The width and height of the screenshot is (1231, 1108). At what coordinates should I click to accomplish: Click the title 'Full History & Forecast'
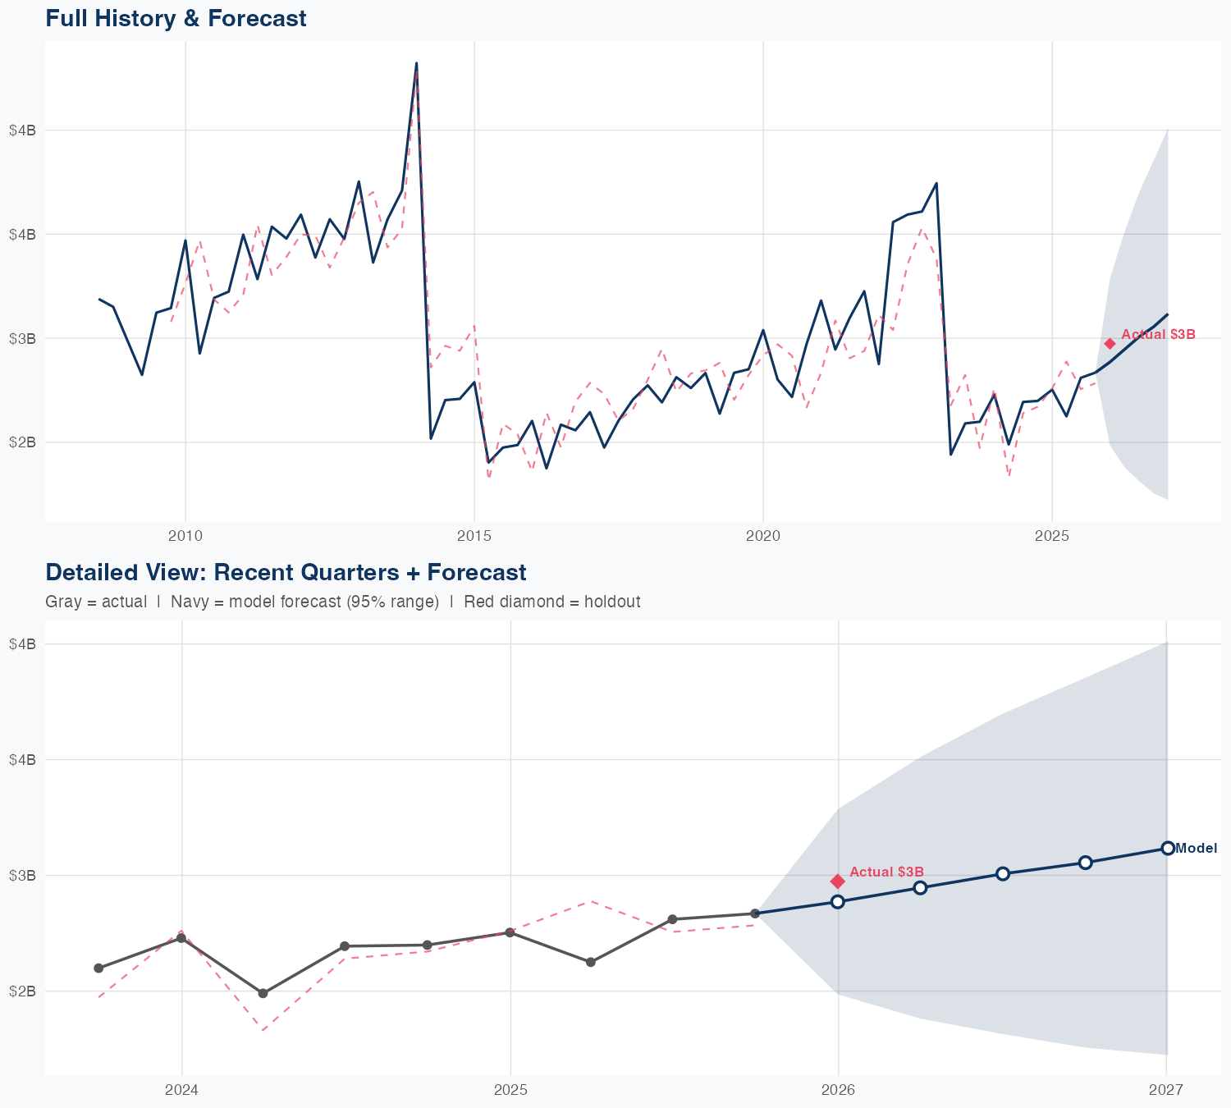pos(176,18)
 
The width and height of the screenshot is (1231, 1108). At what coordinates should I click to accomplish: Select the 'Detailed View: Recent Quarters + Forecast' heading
pos(286,572)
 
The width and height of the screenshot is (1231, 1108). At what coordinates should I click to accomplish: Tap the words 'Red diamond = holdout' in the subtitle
pos(551,602)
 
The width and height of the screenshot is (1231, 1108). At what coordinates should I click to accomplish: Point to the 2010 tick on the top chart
pos(185,537)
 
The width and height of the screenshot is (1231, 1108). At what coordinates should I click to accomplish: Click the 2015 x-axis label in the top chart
pos(474,537)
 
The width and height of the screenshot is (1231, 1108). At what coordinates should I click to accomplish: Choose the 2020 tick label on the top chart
pos(763,537)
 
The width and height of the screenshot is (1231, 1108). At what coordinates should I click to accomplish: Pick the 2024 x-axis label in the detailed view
pos(181,1090)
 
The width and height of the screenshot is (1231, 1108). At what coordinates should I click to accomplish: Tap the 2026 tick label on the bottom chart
pos(838,1090)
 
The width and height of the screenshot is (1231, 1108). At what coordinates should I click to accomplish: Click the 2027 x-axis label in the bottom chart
pos(1165,1090)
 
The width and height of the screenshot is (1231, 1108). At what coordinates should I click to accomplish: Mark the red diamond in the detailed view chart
pos(838,881)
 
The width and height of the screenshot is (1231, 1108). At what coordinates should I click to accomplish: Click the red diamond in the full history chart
pos(1110,344)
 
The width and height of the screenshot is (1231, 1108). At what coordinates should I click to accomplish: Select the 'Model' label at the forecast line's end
pos(1196,849)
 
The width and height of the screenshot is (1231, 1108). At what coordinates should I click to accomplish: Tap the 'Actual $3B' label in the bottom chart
pos(886,872)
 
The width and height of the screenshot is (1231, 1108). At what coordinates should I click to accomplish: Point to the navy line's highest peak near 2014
pos(416,63)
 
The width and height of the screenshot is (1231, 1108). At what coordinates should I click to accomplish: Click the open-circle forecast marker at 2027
pos(1167,849)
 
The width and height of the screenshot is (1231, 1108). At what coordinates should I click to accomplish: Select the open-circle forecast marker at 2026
pos(838,902)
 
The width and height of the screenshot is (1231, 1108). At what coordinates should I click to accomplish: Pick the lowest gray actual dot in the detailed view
pos(263,993)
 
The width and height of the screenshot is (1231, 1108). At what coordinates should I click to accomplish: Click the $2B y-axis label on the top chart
pos(22,442)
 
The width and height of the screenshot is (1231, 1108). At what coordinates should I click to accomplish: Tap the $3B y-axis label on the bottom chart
pos(22,875)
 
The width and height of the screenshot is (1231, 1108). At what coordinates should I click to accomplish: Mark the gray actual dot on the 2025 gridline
pos(510,932)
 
